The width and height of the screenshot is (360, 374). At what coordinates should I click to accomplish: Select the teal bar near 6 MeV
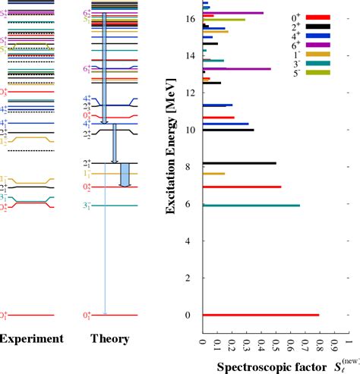[251, 205]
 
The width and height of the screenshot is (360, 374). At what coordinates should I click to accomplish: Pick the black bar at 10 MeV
[228, 130]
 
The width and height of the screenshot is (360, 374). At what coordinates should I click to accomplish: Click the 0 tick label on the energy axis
[194, 315]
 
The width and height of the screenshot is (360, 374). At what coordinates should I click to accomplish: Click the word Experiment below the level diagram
[31, 339]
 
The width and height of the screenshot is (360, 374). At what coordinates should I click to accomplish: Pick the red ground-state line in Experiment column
[32, 315]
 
